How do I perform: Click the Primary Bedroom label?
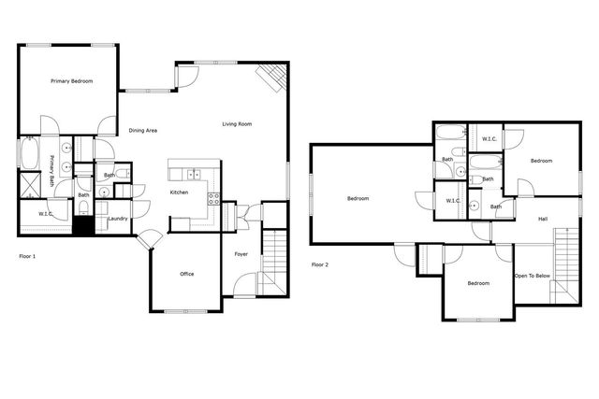point(71,82)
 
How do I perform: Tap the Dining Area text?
point(142,130)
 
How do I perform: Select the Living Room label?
point(237,124)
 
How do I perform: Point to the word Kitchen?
point(179,192)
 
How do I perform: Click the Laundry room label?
point(117,219)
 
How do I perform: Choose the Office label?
point(186,274)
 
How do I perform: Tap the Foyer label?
point(241,254)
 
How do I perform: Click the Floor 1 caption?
point(27,254)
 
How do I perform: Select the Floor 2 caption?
point(320,264)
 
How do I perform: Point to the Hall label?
point(543,220)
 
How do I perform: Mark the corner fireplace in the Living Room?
point(272,78)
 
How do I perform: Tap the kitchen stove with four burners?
point(212,197)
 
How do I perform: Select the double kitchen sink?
point(194,173)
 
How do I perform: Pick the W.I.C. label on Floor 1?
point(45,214)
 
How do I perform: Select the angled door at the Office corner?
point(148,242)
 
